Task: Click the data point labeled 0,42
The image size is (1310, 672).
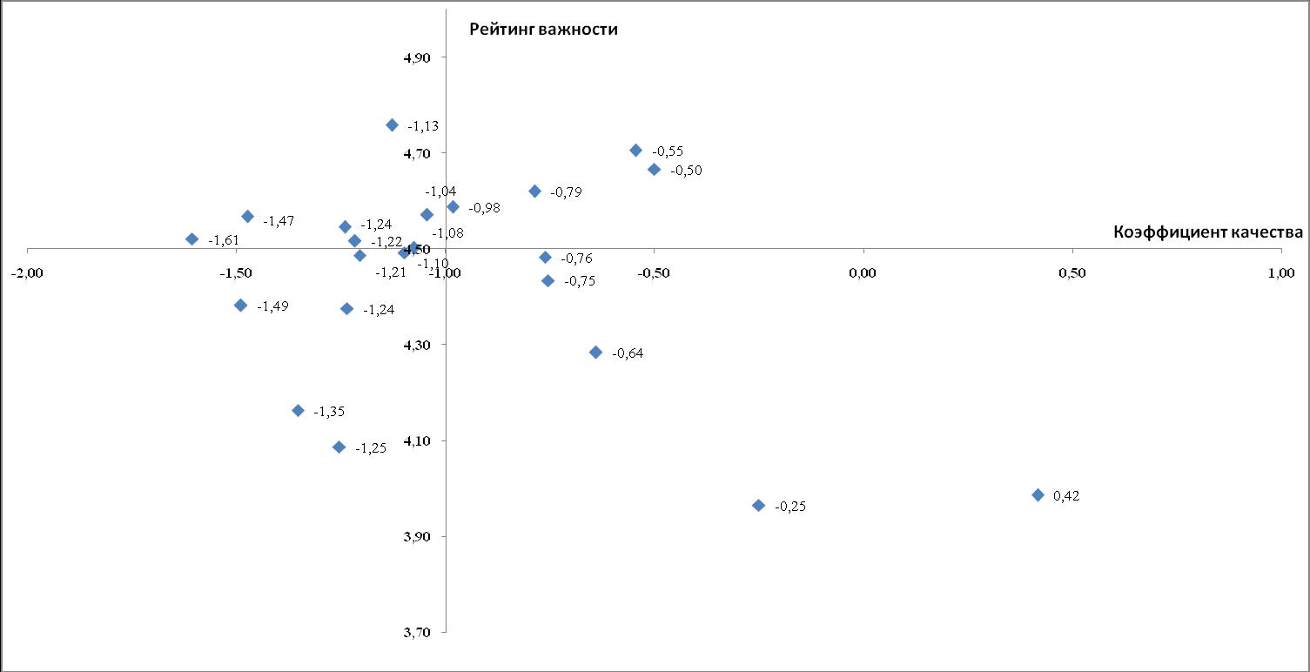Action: (x=1038, y=495)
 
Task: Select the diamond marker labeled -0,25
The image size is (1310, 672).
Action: (x=758, y=506)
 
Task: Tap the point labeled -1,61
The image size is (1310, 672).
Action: (x=192, y=239)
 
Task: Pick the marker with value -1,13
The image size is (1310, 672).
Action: (x=392, y=125)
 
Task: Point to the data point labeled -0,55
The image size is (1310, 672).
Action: (x=635, y=151)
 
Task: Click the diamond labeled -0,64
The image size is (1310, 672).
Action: (x=595, y=353)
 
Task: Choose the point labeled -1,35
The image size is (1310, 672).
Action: (x=298, y=411)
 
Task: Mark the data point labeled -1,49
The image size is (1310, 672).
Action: (x=240, y=306)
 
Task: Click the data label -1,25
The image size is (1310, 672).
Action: (x=370, y=448)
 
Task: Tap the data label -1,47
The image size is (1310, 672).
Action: (x=279, y=221)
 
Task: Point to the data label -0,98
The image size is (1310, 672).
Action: (x=484, y=208)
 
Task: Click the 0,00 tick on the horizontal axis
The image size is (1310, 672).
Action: (x=863, y=273)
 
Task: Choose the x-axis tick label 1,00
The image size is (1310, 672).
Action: (x=1280, y=273)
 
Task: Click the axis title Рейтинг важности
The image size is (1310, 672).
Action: (x=543, y=30)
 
